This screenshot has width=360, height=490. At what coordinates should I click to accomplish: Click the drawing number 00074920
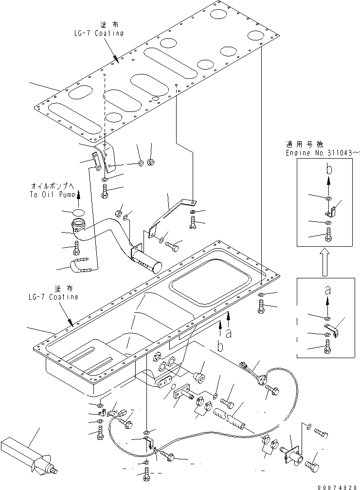(x=335, y=485)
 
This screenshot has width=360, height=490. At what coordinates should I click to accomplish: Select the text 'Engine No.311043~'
(x=322, y=153)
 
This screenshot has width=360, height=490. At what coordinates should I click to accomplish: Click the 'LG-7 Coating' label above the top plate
(x=96, y=33)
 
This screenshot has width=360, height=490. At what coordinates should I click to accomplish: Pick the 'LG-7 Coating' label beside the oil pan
(x=53, y=296)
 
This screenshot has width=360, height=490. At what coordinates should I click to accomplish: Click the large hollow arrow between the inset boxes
(x=326, y=263)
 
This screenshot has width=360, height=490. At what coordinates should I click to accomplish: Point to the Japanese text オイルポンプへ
(x=54, y=186)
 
